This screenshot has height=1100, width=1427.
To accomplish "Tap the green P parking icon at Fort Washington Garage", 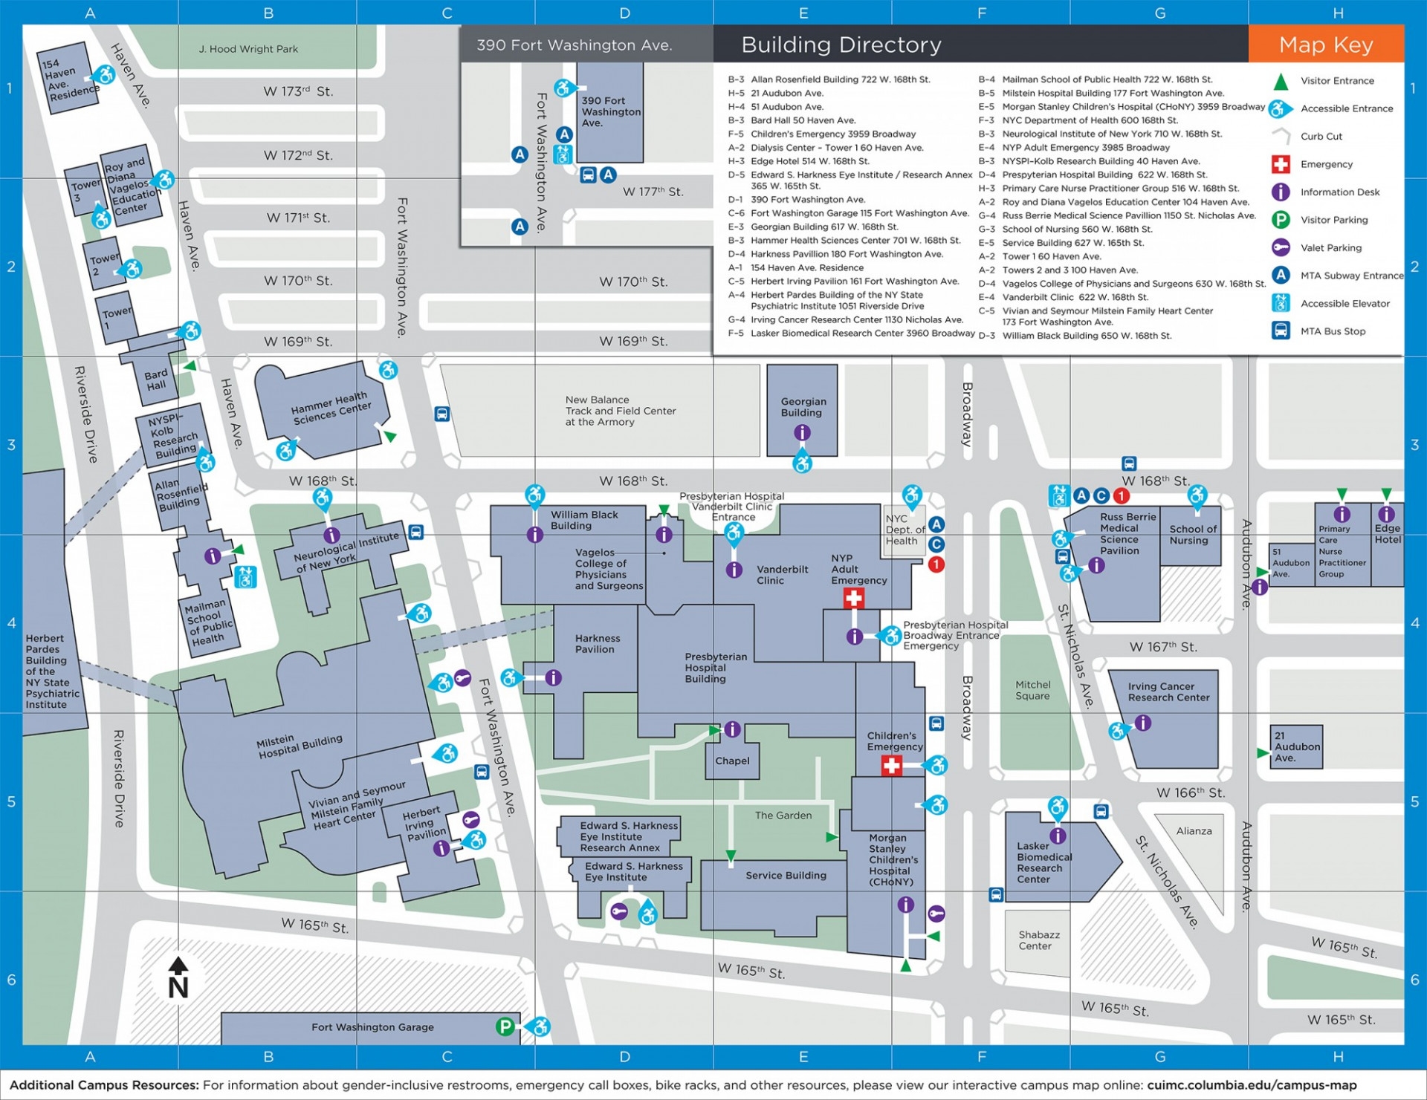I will [x=505, y=1027].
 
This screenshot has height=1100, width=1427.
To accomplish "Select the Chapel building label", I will [x=732, y=761].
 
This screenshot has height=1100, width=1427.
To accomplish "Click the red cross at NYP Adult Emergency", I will [x=854, y=599].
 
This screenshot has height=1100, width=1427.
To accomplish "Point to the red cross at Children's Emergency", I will [x=891, y=765].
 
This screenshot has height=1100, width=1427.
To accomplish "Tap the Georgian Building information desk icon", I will [x=802, y=432].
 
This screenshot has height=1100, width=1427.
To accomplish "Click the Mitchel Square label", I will [x=1032, y=690].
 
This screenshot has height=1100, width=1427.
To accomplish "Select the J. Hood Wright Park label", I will [x=248, y=49].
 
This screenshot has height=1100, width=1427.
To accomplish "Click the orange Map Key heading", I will [x=1326, y=45].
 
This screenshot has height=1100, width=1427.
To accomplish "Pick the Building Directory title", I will [x=841, y=45].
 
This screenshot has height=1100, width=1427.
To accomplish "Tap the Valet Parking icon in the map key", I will [x=1281, y=247].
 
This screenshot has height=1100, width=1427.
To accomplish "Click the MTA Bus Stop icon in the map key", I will [x=1281, y=331].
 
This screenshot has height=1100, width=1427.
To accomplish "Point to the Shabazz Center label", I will [x=1038, y=940].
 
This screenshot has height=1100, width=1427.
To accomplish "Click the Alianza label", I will [x=1194, y=831].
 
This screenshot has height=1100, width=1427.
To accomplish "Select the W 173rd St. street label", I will [x=298, y=91].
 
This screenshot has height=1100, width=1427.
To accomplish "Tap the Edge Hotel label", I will [x=1387, y=534].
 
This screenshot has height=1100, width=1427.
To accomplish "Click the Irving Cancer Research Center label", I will [x=1168, y=692].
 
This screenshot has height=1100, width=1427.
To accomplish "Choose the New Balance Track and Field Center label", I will [x=620, y=411].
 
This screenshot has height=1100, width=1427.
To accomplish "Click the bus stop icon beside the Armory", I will [x=441, y=414].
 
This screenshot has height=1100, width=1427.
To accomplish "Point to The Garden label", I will [x=783, y=816].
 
